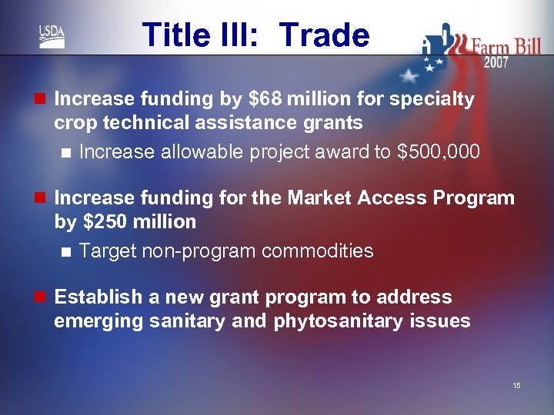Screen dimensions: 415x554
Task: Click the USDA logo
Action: tap(52, 36)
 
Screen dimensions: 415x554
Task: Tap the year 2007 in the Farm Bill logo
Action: tap(496, 63)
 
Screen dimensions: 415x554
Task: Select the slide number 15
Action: tap(516, 385)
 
